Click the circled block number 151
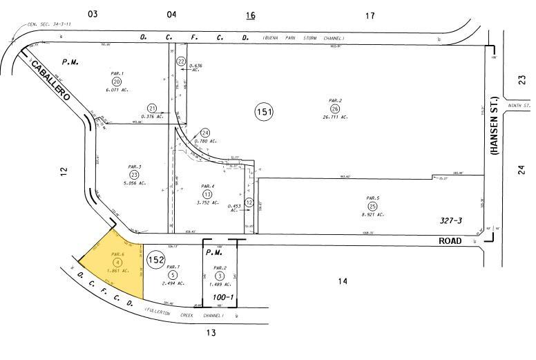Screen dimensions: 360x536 tap(263, 112)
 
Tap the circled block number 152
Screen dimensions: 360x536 tap(155, 260)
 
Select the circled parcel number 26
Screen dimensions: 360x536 tap(335, 108)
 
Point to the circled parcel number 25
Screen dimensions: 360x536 tap(372, 206)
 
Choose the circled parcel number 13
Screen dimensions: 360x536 tap(207, 194)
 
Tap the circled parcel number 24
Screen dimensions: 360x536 tap(204, 133)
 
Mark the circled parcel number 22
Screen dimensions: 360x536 tap(181, 61)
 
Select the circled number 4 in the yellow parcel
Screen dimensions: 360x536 tap(118, 263)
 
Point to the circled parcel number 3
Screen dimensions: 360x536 tap(220, 276)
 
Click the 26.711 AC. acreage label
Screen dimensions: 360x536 tap(335, 117)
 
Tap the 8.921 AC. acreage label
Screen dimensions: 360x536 tap(372, 214)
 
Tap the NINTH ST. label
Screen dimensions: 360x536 tap(519, 106)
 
